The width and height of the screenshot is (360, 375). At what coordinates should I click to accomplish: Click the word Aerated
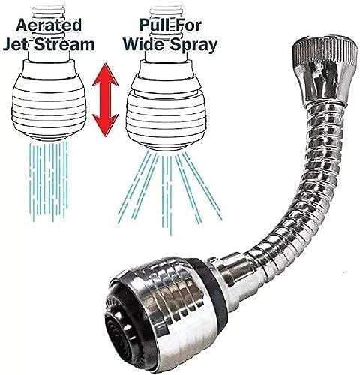coord(49,25)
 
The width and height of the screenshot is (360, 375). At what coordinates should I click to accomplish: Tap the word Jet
coord(16,44)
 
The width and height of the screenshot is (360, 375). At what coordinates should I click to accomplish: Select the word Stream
coord(64,44)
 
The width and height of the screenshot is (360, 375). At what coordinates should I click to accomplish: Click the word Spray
coord(192,46)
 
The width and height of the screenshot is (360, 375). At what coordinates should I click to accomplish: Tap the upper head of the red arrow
coord(106,75)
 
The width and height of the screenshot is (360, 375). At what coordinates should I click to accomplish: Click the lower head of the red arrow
coord(106,125)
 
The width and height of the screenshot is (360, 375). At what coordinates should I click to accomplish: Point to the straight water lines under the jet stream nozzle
coord(49,181)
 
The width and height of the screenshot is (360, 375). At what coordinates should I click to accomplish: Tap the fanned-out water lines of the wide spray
coord(169,193)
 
